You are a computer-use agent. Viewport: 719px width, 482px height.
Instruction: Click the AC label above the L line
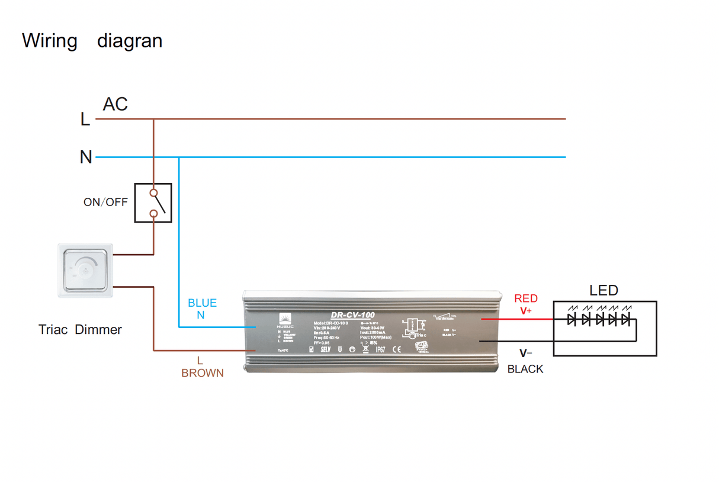point(115,104)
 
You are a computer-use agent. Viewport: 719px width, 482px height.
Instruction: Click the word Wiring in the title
point(50,41)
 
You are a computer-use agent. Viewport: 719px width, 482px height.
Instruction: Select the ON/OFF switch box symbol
point(153,203)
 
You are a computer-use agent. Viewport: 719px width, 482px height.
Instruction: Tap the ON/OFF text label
point(105,202)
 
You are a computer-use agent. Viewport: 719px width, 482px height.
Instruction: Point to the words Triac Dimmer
point(80,329)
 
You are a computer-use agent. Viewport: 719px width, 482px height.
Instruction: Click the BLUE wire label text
point(202,303)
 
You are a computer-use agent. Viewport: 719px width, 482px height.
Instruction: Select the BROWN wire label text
point(203,373)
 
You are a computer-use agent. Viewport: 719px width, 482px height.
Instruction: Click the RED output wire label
point(526,298)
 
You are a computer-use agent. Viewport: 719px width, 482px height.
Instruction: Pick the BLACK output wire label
point(525,369)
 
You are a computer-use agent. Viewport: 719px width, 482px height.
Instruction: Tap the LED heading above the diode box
point(604,291)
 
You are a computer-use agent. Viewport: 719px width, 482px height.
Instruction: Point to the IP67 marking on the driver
point(380,349)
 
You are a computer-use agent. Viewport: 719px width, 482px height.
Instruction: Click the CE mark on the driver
point(397,349)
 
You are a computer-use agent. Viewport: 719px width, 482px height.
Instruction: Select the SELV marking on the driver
point(325,349)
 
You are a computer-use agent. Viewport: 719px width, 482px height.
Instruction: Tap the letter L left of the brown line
point(85,120)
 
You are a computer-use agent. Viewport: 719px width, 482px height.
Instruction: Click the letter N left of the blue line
point(86,158)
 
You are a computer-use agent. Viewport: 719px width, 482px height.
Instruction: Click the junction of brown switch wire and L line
point(153,119)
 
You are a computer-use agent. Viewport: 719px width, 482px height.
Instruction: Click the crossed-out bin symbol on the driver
point(365,349)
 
